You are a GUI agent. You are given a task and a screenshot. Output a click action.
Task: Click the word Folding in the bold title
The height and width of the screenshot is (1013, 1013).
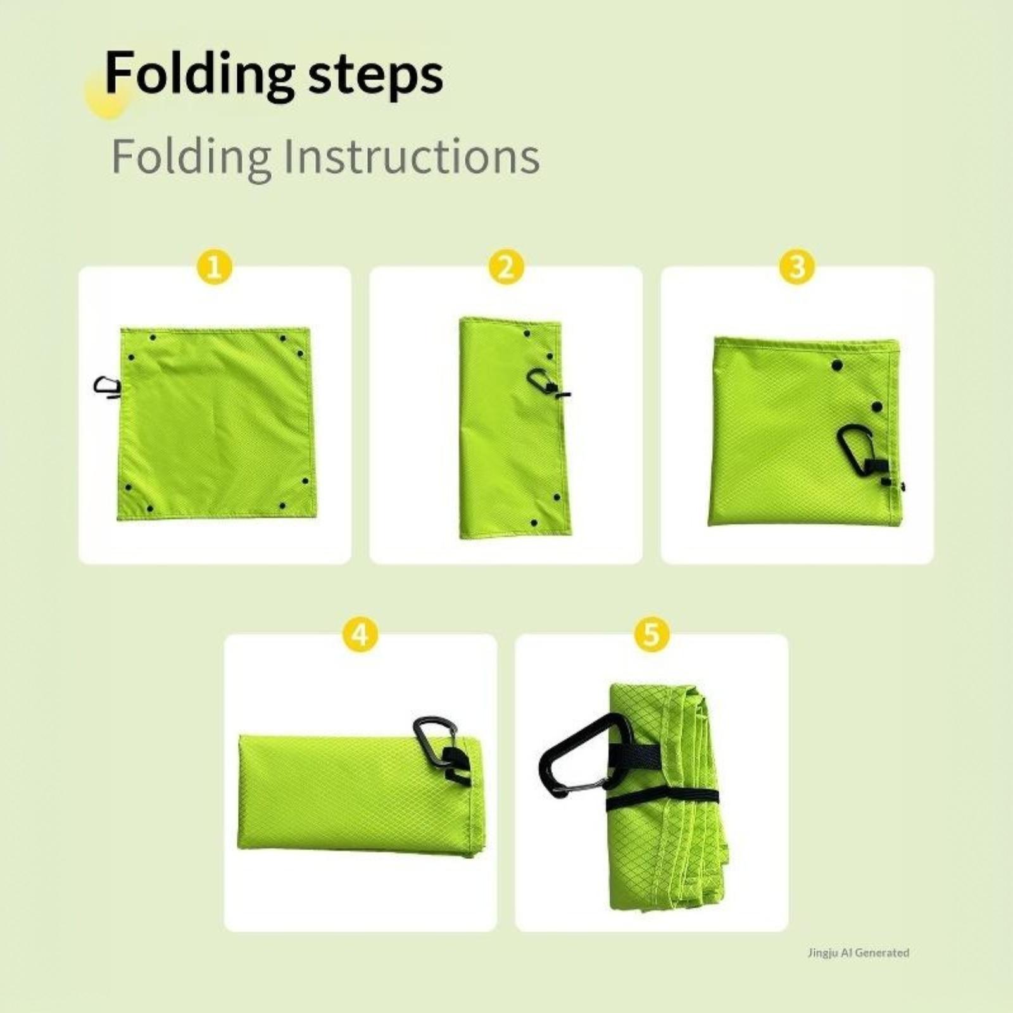(199, 74)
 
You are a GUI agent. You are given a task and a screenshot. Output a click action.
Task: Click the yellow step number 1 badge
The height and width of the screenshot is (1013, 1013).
(215, 267)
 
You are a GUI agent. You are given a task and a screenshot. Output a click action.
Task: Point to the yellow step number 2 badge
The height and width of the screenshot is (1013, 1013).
(506, 267)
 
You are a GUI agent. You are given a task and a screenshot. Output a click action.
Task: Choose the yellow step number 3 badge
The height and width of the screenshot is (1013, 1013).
(797, 267)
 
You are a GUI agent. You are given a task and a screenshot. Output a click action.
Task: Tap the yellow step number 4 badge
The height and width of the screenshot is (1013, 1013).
(360, 634)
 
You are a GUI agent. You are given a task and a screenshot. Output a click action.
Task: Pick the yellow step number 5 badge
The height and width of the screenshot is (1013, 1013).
(651, 634)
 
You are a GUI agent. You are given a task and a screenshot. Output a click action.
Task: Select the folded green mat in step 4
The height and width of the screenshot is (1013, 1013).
(359, 795)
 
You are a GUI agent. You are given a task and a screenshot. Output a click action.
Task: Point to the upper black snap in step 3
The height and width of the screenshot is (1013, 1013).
(837, 365)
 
